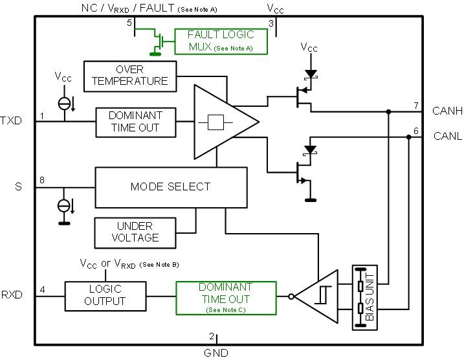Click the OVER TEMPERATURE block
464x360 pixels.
click(129, 75)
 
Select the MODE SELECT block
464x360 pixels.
click(171, 187)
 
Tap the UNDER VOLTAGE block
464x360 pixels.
click(135, 232)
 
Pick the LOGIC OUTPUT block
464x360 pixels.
click(105, 295)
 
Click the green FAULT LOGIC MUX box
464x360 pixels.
click(221, 41)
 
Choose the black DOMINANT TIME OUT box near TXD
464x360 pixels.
click(135, 121)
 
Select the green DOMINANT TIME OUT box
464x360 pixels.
click(225, 297)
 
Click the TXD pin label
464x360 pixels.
click(11, 120)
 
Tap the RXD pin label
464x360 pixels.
click(12, 295)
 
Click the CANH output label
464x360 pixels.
click(447, 111)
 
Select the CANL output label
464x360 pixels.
click(447, 137)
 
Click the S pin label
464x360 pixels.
click(18, 187)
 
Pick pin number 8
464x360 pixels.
click(42, 180)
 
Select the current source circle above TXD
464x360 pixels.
click(63, 102)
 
